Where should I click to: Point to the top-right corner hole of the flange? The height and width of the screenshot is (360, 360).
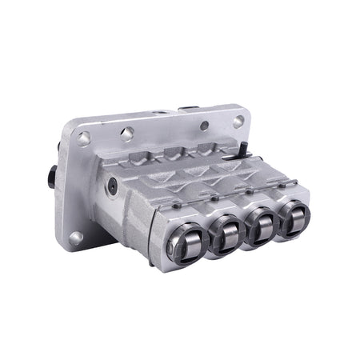(238, 120)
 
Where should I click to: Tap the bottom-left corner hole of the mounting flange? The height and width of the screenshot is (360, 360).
(74, 237)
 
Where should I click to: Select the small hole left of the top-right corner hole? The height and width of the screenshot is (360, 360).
(205, 126)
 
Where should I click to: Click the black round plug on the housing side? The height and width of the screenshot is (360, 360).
(112, 189)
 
